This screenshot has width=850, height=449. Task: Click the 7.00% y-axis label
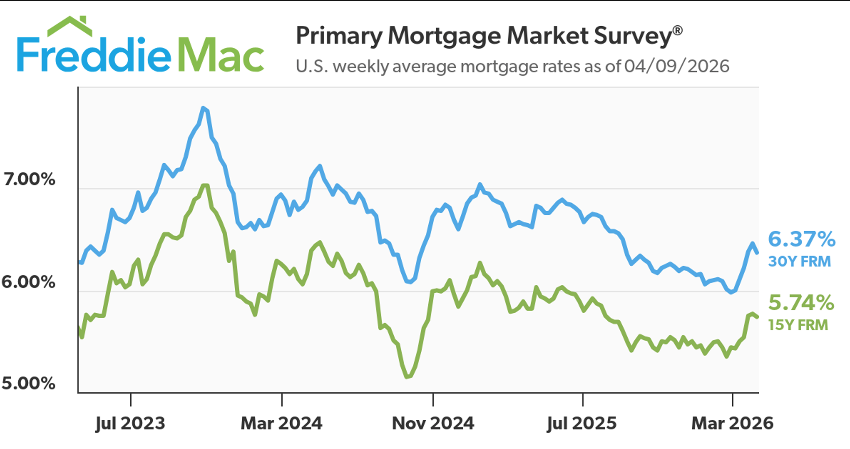pos(29,179)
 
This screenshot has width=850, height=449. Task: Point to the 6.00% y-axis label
pos(29,282)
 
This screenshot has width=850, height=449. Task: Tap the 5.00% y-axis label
pos(29,383)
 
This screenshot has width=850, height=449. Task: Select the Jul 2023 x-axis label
pos(130,423)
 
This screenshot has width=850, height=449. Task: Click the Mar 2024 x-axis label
pos(281,423)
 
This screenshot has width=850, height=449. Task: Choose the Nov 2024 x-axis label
pos(433,423)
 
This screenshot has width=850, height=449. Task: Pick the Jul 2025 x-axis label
pos(582,423)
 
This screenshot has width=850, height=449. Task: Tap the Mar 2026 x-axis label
pos(732,423)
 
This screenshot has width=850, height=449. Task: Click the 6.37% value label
pos(801,239)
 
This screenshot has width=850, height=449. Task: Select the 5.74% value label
pos(801,303)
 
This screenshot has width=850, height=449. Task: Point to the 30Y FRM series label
pos(799,261)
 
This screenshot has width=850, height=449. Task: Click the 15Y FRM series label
pos(798,325)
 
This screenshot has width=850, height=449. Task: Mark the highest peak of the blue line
pos(203,108)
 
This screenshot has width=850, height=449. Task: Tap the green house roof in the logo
pos(70,26)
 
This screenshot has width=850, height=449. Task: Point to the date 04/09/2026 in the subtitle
pos(676,67)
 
